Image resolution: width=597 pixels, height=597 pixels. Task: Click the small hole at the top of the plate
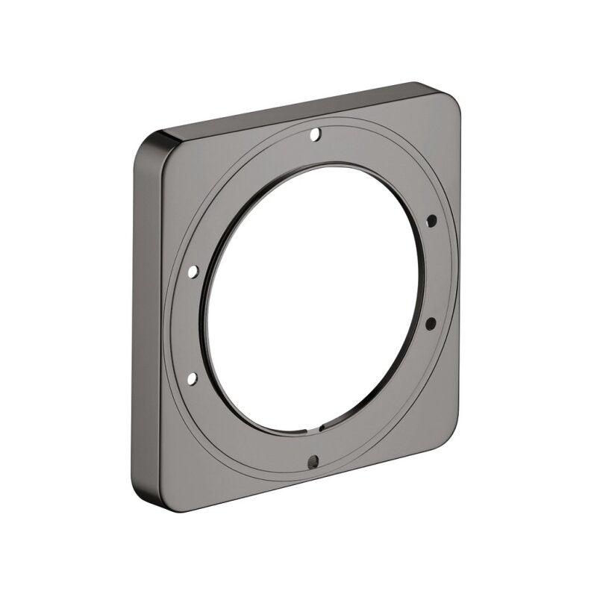(x=315, y=135)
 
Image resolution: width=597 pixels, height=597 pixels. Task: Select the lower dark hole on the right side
(x=431, y=322)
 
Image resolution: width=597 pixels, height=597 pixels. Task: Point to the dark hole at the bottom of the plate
(x=313, y=459)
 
